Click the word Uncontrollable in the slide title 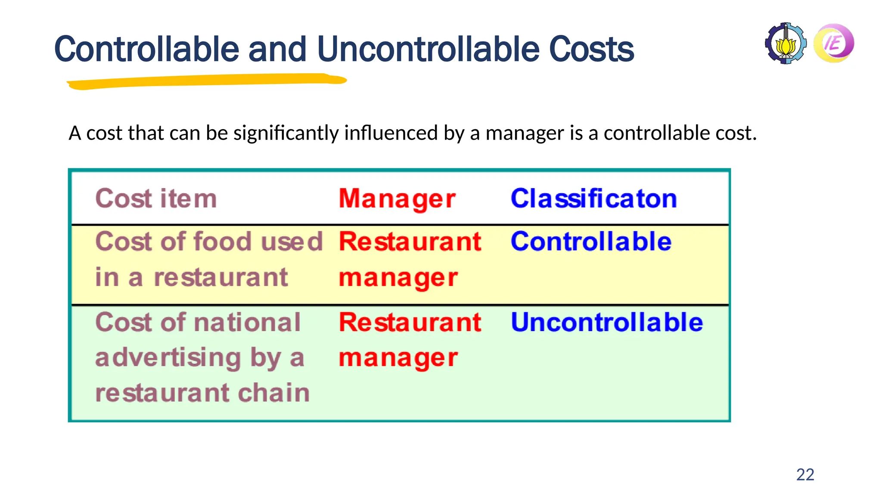(x=428, y=49)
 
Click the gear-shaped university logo (x=786, y=43)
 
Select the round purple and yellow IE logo (x=834, y=43)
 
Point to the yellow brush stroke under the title (x=207, y=81)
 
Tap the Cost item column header (x=156, y=198)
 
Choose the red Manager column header (x=397, y=199)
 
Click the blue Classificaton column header (x=593, y=198)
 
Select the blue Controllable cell (x=591, y=241)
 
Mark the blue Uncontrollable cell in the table (x=606, y=322)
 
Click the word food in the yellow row (x=221, y=241)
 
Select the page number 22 (x=805, y=474)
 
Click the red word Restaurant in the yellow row (x=410, y=241)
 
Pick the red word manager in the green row (x=398, y=358)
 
